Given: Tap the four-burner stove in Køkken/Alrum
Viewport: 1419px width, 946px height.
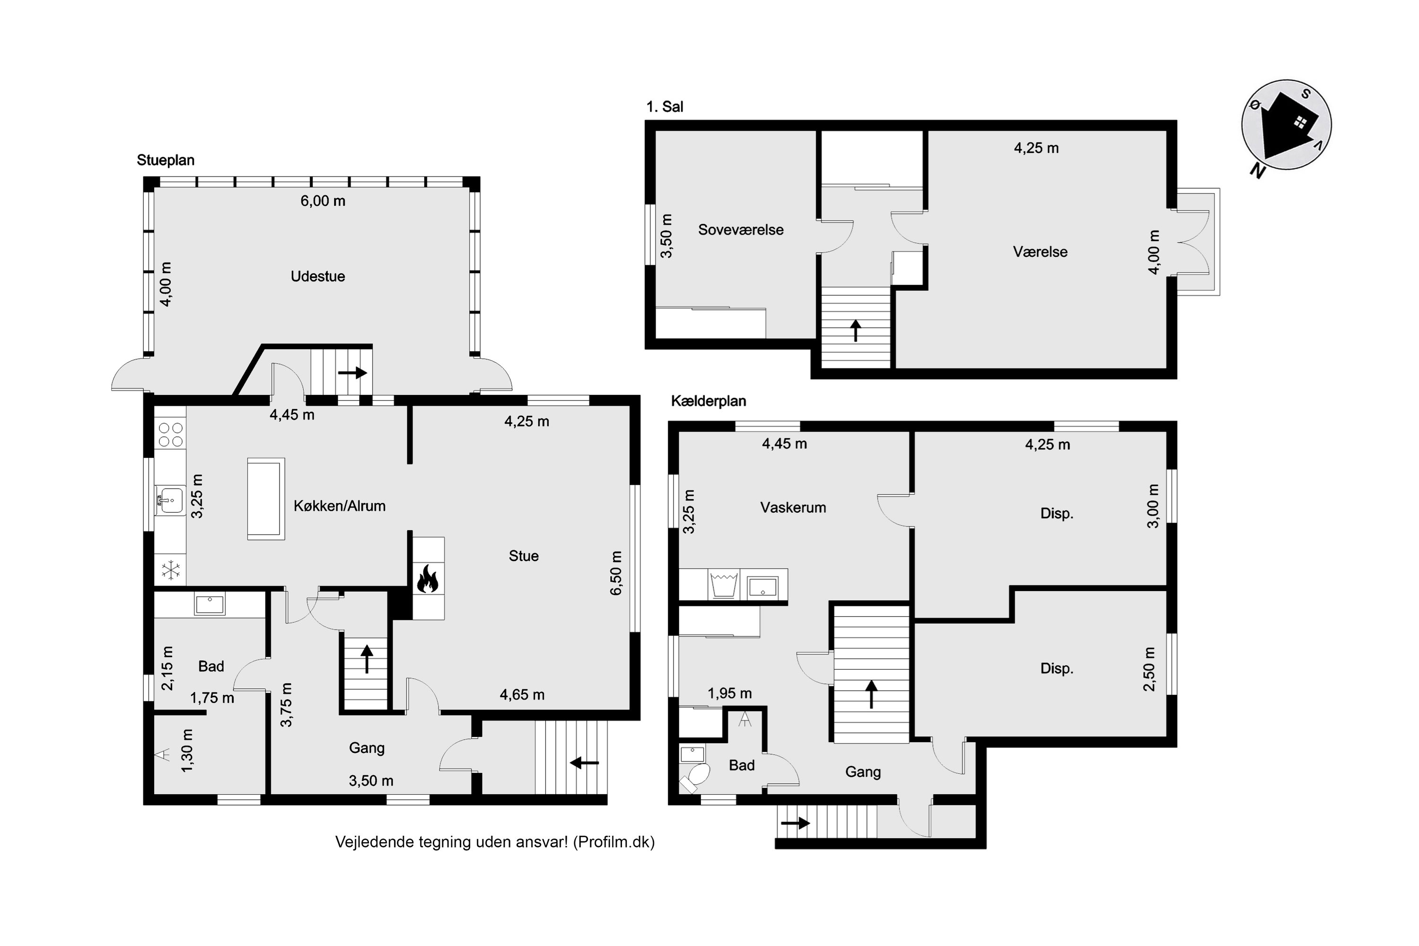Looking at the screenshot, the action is (x=171, y=434).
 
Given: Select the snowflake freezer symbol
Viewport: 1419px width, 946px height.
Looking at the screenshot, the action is (x=171, y=570).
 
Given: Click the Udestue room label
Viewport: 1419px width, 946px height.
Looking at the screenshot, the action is (x=318, y=276).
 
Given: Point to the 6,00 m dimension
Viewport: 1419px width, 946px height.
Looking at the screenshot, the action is (x=323, y=201).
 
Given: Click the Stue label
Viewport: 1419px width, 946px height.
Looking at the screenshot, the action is (x=524, y=556).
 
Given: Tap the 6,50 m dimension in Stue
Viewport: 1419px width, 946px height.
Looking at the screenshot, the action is (x=616, y=573).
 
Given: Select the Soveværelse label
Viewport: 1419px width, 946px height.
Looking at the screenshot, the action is (x=741, y=230).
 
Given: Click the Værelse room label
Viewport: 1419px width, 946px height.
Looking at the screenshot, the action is (x=1040, y=252).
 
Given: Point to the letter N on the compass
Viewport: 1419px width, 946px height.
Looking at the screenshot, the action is (x=1257, y=171).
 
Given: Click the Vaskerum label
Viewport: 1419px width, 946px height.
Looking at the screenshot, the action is (x=793, y=508).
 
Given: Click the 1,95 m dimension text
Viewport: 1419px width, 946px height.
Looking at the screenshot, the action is (x=729, y=693).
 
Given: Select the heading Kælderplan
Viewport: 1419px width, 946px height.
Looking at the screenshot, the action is (x=708, y=401).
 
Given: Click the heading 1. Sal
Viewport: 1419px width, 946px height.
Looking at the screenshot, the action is (x=665, y=107).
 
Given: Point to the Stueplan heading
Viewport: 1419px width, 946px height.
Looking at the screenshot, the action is (x=165, y=160).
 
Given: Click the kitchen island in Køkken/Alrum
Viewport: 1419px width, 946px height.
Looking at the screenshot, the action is (x=265, y=499).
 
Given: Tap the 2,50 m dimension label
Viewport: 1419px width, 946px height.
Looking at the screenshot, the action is (x=1149, y=669).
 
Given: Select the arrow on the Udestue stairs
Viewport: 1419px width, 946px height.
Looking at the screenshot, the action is (x=352, y=372).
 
